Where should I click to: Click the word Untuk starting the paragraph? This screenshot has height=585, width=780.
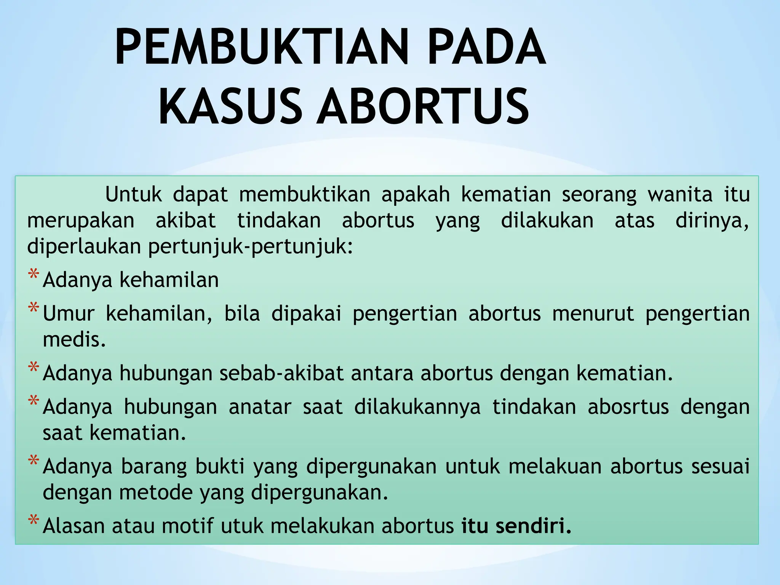(x=133, y=195)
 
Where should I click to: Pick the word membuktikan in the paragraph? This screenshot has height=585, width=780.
(x=304, y=195)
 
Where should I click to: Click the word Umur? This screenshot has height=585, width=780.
(x=69, y=314)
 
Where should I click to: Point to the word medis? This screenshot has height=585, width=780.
(x=74, y=340)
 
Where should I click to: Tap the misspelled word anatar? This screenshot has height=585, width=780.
(x=260, y=407)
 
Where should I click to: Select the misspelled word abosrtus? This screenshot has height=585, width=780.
(x=628, y=407)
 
